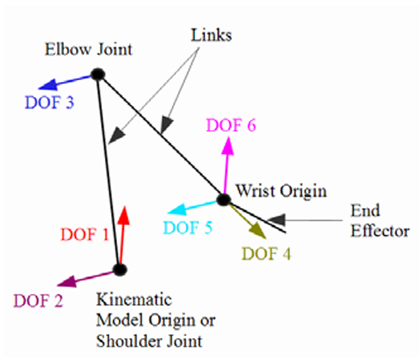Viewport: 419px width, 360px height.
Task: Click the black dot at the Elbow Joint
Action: [x=97, y=75]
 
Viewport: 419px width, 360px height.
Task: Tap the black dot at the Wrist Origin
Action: [x=223, y=200]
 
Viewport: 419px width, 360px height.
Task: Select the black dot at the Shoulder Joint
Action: [x=119, y=270]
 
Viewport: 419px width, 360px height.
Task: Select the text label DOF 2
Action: [x=38, y=301]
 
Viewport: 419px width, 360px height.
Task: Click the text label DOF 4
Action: [x=267, y=253]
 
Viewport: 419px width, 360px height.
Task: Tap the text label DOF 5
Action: [x=189, y=228]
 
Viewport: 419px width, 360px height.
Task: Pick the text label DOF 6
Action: [x=231, y=125]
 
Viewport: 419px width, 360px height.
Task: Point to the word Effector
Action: [x=380, y=230]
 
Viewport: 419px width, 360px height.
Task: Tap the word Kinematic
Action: [x=134, y=300]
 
